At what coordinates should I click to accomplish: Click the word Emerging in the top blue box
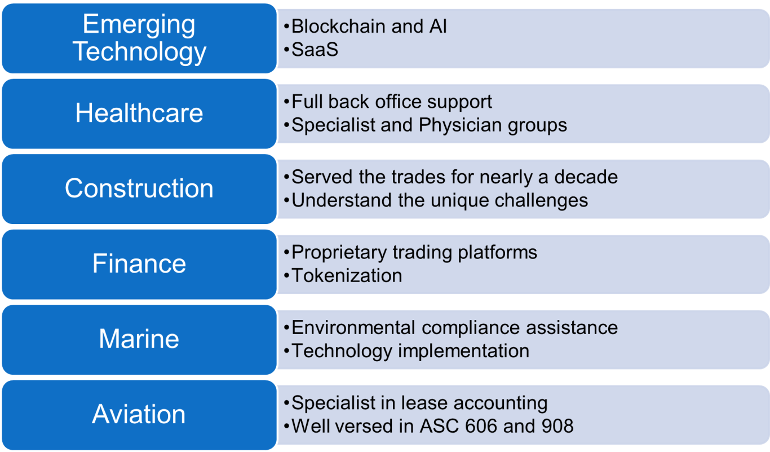pos(139,25)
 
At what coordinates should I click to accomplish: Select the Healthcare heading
pos(139,113)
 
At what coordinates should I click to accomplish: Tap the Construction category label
pos(139,188)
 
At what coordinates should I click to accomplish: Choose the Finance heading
pos(139,264)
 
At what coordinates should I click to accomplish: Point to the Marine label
pos(139,339)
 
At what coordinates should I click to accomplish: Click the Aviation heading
pos(139,414)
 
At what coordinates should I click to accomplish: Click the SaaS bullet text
pos(315,49)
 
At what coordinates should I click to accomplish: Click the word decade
pos(586,177)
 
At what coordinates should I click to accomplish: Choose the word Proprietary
pos(339,253)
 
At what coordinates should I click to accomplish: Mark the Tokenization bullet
pos(347,275)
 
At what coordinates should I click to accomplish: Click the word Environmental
pos(353,327)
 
